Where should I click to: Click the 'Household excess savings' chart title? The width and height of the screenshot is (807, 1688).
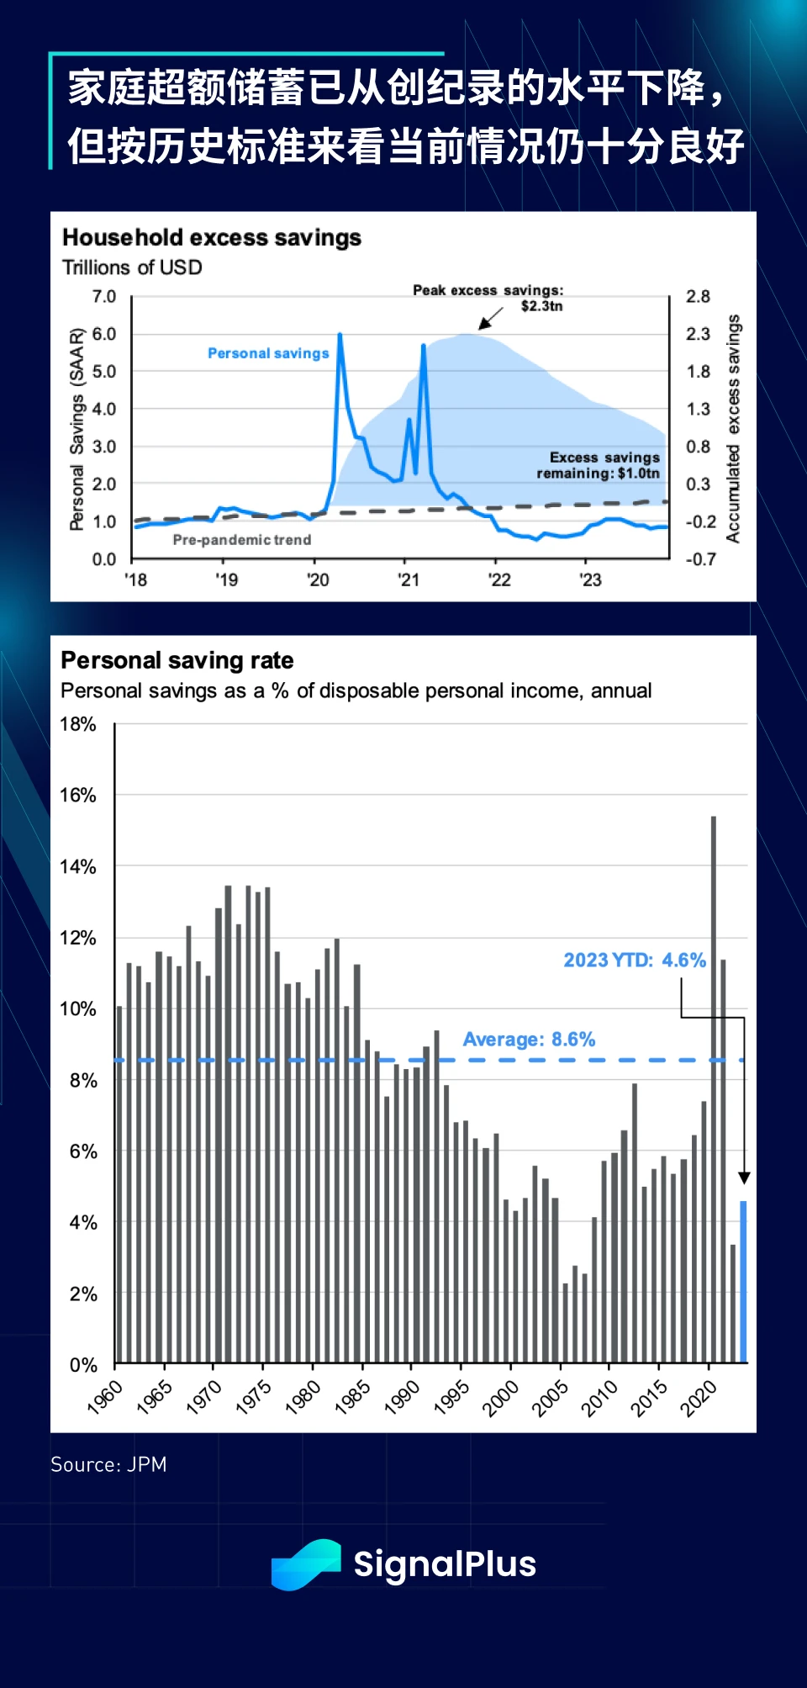click(x=212, y=238)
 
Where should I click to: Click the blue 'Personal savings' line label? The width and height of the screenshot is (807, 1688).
click(x=268, y=353)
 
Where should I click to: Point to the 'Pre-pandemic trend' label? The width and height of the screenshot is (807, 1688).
click(x=242, y=540)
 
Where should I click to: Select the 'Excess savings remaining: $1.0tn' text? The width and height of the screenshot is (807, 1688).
click(x=599, y=465)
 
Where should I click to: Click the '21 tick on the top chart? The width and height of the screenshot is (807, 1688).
click(x=409, y=579)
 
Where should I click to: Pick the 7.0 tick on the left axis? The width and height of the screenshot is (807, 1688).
click(x=104, y=297)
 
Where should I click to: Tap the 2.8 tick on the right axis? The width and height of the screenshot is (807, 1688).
click(x=698, y=297)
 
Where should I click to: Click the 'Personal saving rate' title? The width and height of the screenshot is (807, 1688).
click(x=177, y=660)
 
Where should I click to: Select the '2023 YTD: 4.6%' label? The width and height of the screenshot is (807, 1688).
click(x=635, y=960)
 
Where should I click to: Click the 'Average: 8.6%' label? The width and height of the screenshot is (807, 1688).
click(x=529, y=1040)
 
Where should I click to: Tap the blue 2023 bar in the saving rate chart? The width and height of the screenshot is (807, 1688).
click(x=743, y=1282)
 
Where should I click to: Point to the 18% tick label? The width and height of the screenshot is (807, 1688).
click(x=78, y=724)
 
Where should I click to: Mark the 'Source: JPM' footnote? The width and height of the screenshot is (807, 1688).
click(x=108, y=1464)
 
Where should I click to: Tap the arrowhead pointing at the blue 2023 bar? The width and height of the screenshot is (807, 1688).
click(x=744, y=1178)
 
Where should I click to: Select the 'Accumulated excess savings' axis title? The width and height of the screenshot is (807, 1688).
click(x=733, y=429)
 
